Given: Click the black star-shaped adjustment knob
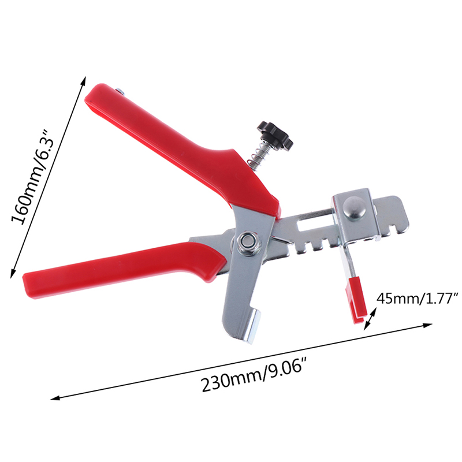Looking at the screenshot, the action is click(x=275, y=135).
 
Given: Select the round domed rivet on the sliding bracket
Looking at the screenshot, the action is click(x=355, y=208).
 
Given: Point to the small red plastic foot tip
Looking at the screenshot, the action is click(x=357, y=300).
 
